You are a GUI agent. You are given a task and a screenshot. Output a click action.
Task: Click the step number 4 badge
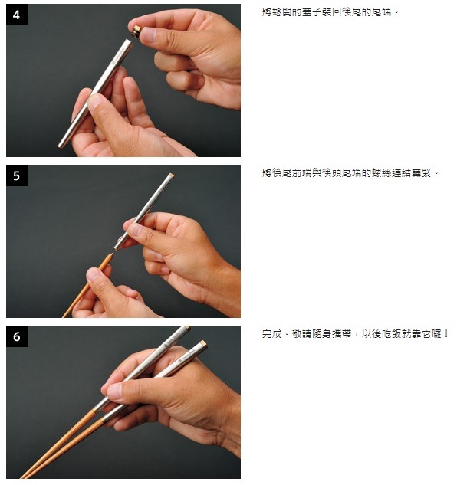pyautogui.click(x=17, y=15)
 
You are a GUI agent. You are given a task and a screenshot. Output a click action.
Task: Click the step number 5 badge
pyautogui.click(x=17, y=175)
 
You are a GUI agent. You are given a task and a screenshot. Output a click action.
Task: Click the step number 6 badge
pyautogui.click(x=17, y=336)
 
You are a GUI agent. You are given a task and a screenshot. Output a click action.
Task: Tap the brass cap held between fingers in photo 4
pyautogui.click(x=136, y=31)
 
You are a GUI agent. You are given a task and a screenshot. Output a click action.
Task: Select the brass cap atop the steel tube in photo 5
pyautogui.click(x=170, y=175)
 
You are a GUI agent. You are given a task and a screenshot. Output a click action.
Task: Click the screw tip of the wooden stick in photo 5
pyautogui.click(x=111, y=254)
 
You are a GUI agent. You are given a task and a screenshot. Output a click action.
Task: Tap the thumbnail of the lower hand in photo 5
pyautogui.click(x=94, y=274)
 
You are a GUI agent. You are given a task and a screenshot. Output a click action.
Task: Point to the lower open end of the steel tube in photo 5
pyautogui.click(x=117, y=247)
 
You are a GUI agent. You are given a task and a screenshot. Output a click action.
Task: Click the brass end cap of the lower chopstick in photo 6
pyautogui.click(x=203, y=344)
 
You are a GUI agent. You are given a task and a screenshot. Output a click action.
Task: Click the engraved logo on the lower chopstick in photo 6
pyautogui.click(x=186, y=356)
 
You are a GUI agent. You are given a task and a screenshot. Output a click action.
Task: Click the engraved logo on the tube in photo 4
pyautogui.click(x=119, y=57)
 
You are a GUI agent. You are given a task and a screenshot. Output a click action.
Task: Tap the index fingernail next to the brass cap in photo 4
pyautogui.click(x=148, y=34)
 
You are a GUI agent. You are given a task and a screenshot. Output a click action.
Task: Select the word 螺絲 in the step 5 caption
pyautogui.click(x=382, y=172)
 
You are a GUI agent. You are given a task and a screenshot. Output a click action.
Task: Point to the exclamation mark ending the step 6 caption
pyautogui.click(x=445, y=334)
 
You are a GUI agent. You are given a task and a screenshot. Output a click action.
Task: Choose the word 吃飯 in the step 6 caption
pyautogui.click(x=392, y=334)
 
